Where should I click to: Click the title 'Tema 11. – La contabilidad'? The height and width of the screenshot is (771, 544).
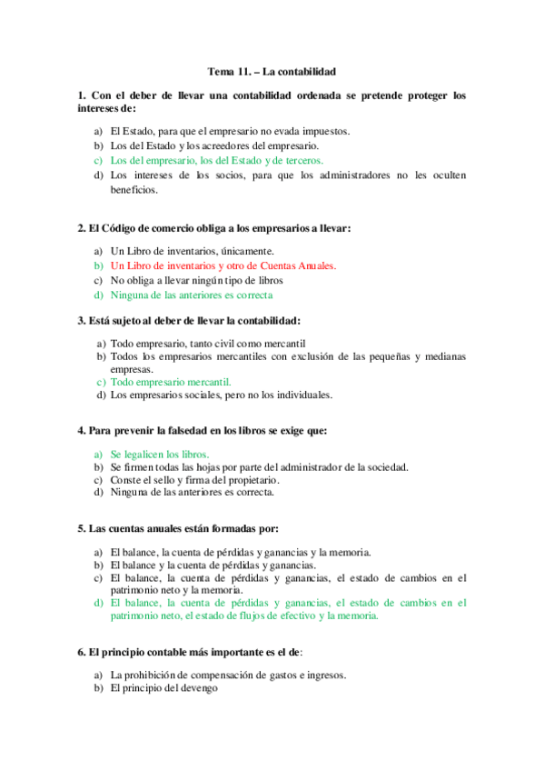[272, 71]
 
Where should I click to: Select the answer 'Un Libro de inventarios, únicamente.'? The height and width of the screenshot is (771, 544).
[193, 251]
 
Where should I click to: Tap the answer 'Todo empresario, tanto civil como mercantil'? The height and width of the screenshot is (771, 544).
[207, 344]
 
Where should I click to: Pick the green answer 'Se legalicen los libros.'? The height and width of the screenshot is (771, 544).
[160, 453]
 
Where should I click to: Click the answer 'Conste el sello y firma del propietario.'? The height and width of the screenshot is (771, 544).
[195, 479]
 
